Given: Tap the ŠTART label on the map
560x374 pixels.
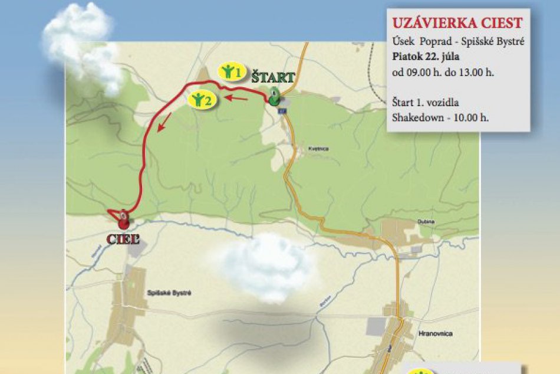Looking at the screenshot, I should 273,77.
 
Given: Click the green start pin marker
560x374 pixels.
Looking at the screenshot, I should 275,97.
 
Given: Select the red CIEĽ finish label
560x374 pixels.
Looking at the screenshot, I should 123,239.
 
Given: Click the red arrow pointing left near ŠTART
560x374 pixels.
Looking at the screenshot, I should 238,99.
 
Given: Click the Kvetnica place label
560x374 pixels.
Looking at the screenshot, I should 318,149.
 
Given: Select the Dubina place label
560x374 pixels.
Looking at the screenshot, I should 427,222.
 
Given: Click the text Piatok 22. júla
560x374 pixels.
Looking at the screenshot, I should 423,57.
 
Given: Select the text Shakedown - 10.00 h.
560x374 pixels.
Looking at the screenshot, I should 440,117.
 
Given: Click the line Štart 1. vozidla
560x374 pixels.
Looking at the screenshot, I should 424,101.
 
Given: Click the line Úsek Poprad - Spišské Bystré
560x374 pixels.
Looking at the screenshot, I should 458,42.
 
